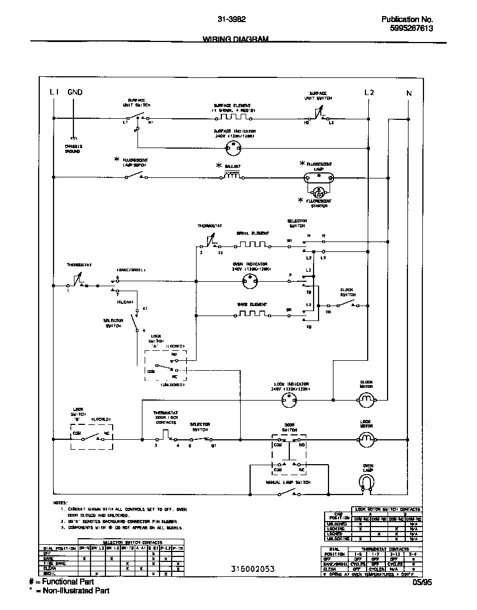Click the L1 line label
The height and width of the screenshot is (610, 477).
coord(54,92)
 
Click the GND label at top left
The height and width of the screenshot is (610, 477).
coord(75,92)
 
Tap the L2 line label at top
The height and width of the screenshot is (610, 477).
coord(369,92)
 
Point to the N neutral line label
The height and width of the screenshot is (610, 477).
coord(409,93)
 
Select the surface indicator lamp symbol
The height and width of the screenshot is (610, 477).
coord(235,148)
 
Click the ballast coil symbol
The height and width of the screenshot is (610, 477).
coord(232,176)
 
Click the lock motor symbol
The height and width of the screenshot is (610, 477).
coord(367,440)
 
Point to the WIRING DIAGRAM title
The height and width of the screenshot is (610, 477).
coord(235,39)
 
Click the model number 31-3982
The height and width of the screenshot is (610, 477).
coord(232,19)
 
